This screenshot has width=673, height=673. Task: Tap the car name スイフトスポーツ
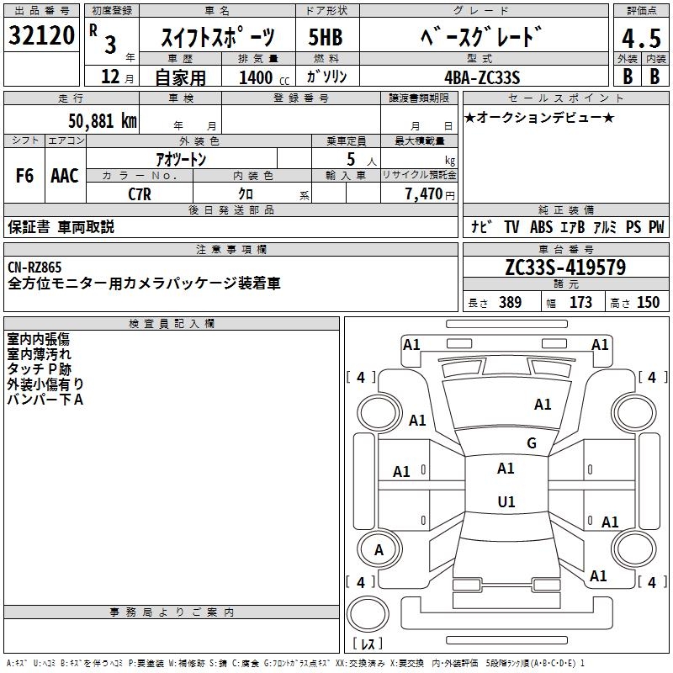(x=218, y=37)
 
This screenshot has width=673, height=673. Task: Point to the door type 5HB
(x=326, y=37)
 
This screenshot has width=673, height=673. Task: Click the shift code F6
(x=24, y=176)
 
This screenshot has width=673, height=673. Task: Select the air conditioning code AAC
(x=65, y=176)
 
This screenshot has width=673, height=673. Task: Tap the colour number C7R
(x=139, y=194)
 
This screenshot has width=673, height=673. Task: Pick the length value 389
(x=510, y=303)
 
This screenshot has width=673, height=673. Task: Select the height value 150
(x=648, y=303)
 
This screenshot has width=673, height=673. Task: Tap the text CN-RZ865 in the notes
(x=35, y=268)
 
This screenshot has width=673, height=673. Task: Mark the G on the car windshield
(x=531, y=443)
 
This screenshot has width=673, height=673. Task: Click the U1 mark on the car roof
(x=506, y=501)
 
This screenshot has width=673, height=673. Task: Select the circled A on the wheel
(x=379, y=551)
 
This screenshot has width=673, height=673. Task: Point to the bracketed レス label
(x=368, y=644)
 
